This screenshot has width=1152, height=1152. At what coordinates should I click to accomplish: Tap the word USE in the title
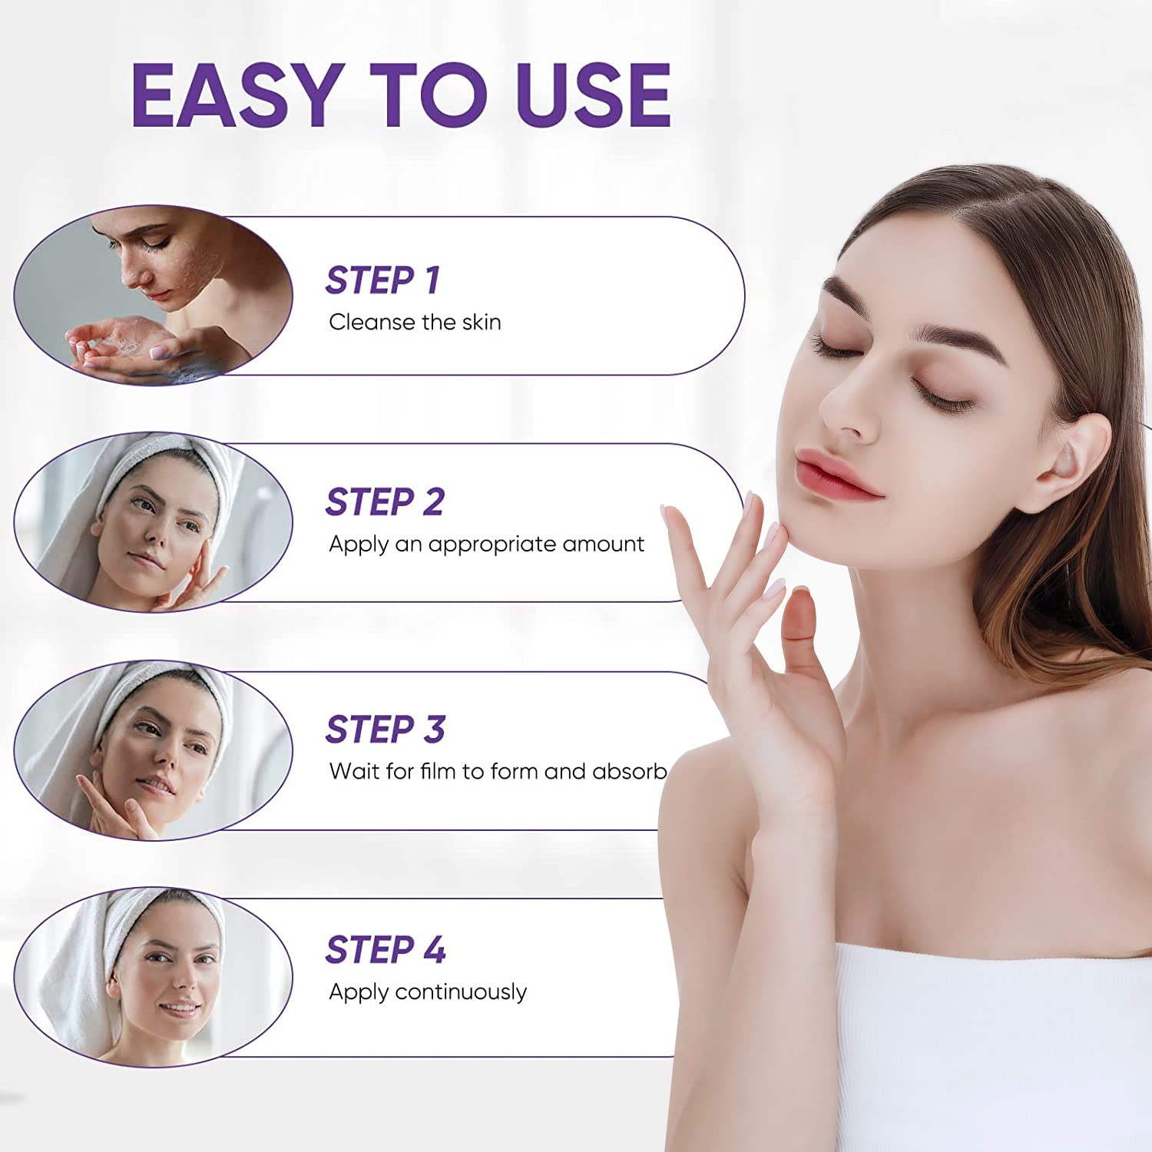click(594, 95)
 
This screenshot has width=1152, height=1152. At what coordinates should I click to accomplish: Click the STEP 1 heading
click(382, 280)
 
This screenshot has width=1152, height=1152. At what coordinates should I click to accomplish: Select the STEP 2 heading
click(385, 502)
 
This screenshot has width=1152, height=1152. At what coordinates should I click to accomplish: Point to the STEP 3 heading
click(385, 729)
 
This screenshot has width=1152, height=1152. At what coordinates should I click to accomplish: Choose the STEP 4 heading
click(385, 950)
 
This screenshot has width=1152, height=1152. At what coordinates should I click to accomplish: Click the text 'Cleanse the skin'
click(415, 323)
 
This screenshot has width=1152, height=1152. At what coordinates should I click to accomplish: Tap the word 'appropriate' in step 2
click(492, 545)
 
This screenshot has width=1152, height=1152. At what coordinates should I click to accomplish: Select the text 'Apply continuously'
click(428, 992)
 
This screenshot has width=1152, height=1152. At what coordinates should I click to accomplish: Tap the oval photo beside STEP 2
click(154, 522)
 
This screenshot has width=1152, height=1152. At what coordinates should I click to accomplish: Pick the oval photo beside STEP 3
click(154, 750)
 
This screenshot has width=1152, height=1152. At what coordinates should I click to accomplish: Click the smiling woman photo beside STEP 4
click(154, 977)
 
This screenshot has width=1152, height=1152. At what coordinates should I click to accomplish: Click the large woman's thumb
click(801, 622)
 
